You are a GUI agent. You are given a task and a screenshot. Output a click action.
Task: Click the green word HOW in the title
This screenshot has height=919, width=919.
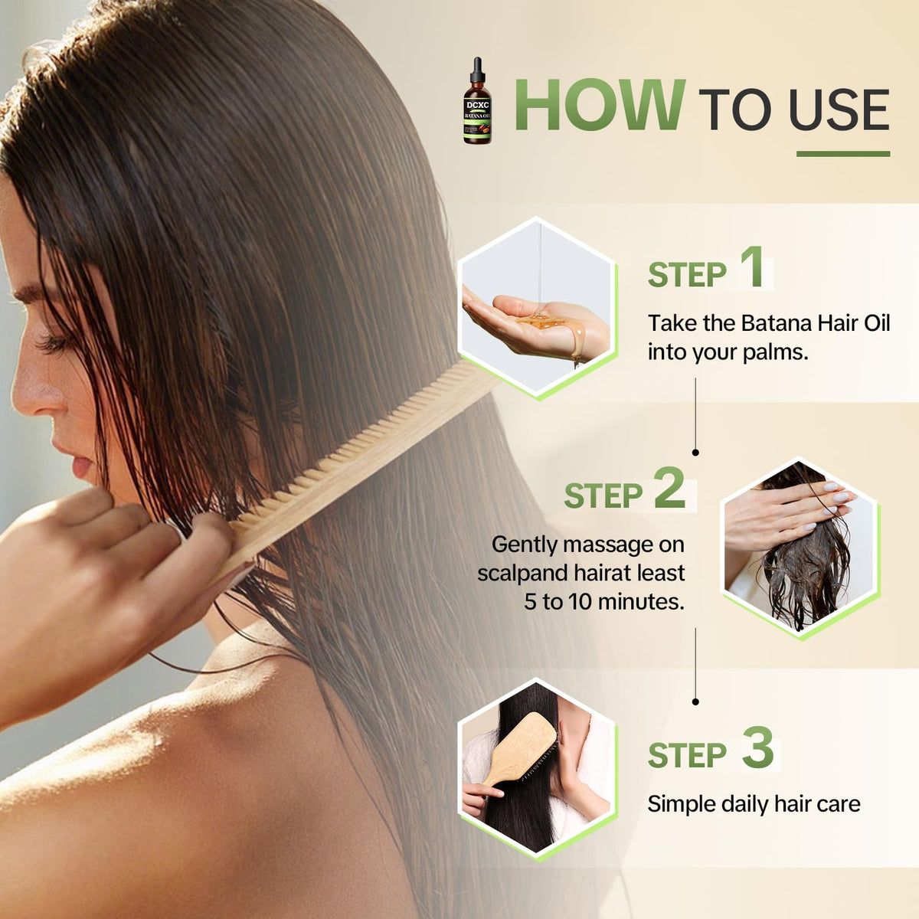point(600,104)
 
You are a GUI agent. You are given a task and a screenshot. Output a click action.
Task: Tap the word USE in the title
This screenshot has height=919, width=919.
point(839,110)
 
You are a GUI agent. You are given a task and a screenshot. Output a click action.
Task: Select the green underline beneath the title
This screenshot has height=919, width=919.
point(843,154)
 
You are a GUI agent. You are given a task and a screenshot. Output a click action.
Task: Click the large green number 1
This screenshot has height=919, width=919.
point(751,267)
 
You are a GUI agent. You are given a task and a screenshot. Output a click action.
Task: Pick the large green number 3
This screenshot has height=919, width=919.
point(758,747)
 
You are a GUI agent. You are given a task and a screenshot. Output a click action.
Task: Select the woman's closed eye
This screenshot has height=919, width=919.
point(55,343)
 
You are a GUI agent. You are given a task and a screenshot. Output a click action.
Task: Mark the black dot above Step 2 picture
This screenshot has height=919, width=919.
point(695,452)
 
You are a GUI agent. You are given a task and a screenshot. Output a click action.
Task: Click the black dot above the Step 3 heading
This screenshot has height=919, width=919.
point(695,702)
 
